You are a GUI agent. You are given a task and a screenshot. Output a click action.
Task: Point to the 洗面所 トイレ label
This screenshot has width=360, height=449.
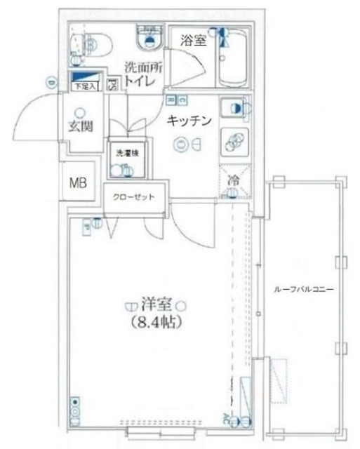[142, 74]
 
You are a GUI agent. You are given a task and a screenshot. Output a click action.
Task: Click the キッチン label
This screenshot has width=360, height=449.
[189, 121]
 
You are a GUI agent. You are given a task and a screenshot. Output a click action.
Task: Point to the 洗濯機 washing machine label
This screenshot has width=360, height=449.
[124, 152]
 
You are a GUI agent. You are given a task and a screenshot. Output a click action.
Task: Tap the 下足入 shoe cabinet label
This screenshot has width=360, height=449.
[85, 86]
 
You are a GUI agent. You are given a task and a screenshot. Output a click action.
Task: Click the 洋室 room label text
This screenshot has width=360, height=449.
[156, 305]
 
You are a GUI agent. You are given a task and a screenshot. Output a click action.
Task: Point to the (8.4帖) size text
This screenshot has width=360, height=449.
[156, 323]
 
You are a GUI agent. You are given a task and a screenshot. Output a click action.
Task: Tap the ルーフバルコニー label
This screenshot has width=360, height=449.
[304, 289]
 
